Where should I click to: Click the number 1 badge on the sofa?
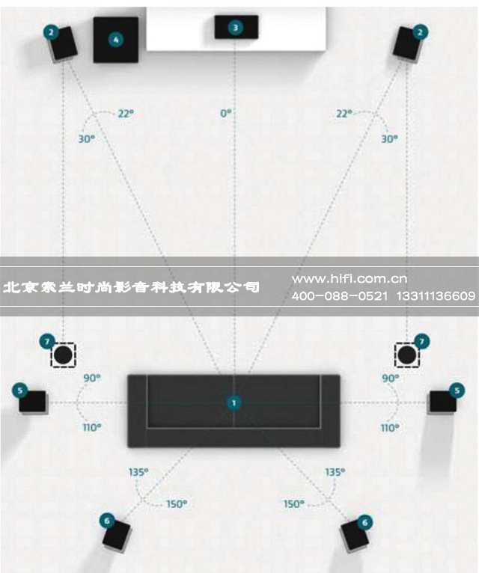point(234,402)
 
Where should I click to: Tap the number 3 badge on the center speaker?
point(236,28)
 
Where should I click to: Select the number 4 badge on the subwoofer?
point(116,40)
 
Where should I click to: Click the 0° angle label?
point(226,113)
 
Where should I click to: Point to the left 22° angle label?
point(126,113)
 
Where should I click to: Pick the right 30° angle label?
point(389,139)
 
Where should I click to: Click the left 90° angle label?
point(92,378)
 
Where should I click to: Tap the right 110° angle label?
point(390,428)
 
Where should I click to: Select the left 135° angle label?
point(138,472)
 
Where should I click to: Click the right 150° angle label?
point(294,504)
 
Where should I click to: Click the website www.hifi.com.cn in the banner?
point(350,279)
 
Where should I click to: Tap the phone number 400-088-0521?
point(340,296)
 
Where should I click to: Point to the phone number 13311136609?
point(436,296)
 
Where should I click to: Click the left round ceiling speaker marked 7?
point(63,355)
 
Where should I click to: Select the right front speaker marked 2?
point(408,44)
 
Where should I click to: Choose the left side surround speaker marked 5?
point(33,402)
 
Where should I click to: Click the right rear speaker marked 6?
point(355,536)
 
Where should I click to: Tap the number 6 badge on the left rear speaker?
point(107,521)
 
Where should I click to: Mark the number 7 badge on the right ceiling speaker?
point(421,342)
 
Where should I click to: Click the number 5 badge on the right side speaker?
point(457,390)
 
